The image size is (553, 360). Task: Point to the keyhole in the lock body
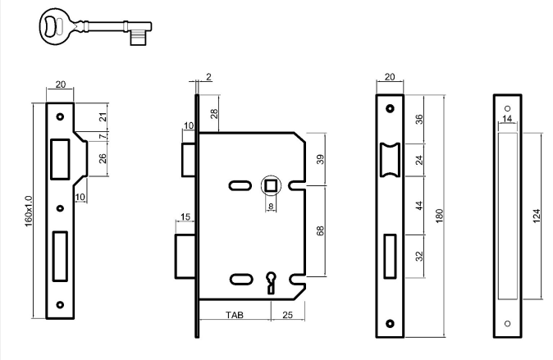(270, 282)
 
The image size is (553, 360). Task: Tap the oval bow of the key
(54, 23)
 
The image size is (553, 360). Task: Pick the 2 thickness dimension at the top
(208, 77)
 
